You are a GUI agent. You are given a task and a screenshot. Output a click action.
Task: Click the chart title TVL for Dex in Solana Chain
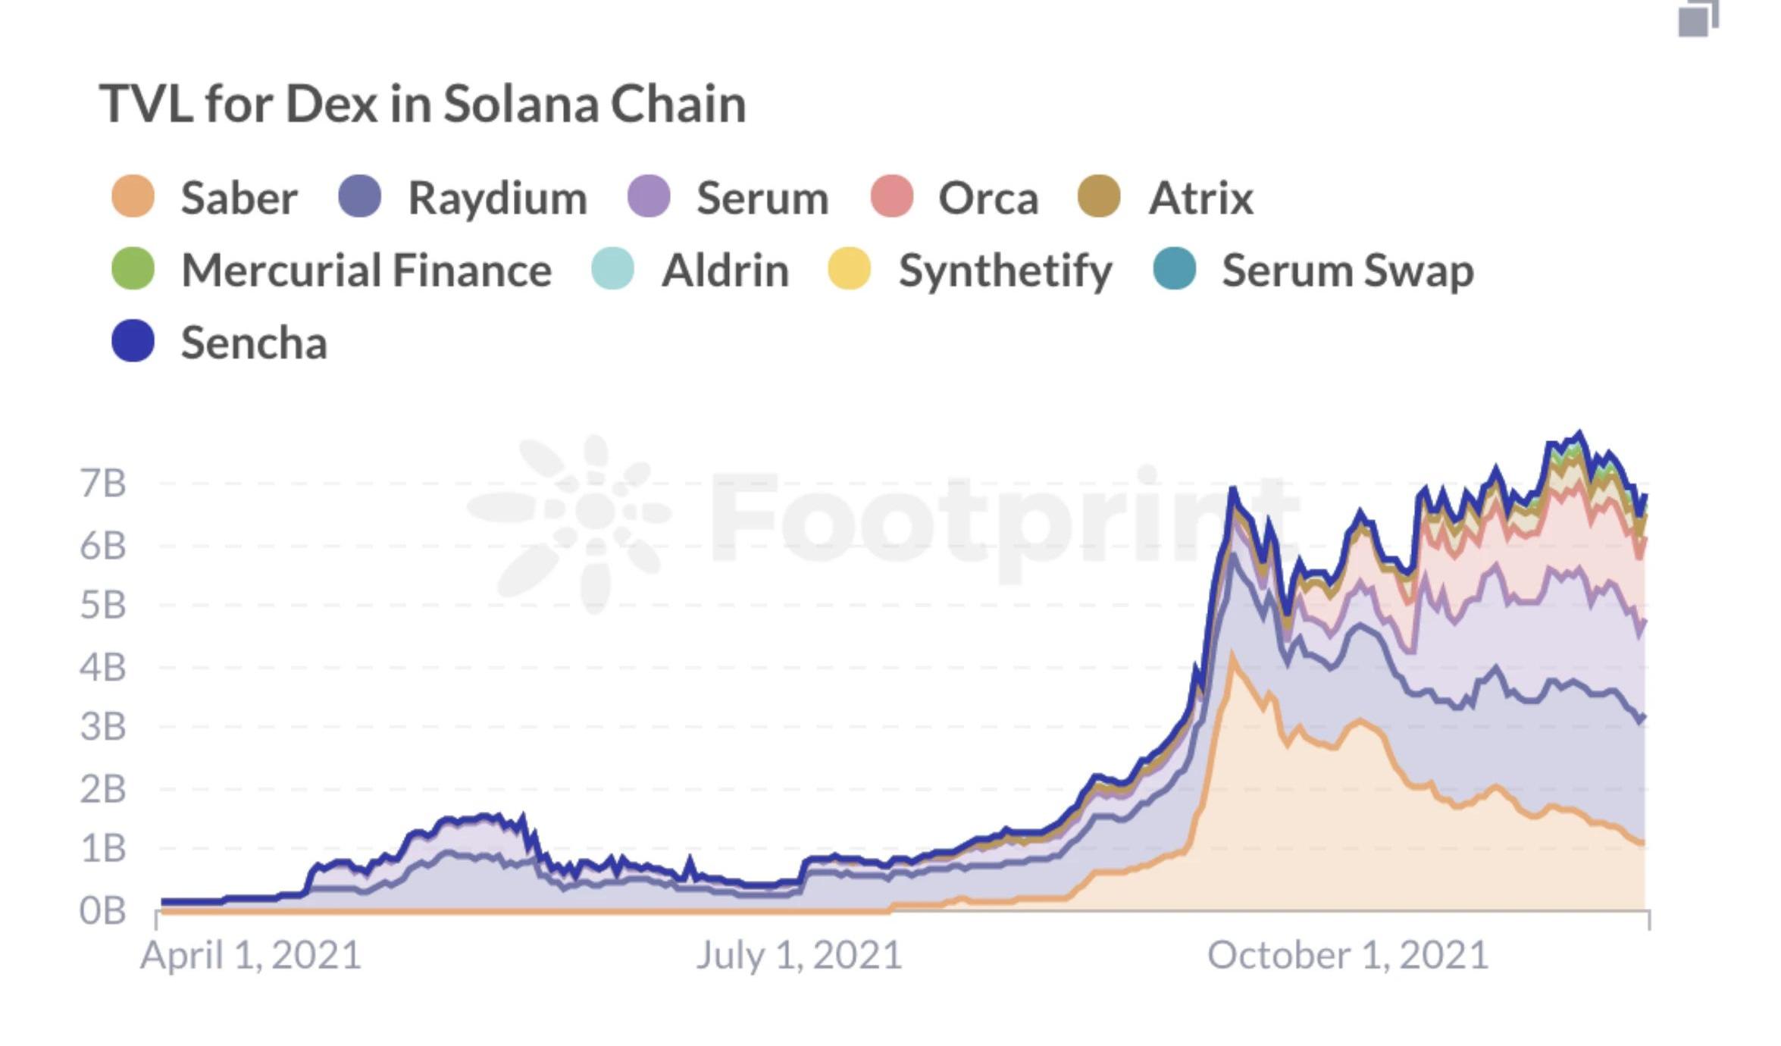coord(422,104)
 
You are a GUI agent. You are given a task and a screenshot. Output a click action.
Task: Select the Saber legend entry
coord(205,198)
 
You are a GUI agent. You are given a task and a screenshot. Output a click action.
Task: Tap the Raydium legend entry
coord(463,198)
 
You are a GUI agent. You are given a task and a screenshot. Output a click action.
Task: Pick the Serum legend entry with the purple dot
coord(728,198)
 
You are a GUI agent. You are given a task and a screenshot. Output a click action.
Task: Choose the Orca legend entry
coord(955,198)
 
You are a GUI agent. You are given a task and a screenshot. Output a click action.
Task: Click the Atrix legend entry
coord(1166,198)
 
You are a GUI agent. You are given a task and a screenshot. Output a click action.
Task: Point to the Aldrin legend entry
coord(690,270)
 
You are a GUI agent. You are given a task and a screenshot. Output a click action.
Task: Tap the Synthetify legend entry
coord(970,270)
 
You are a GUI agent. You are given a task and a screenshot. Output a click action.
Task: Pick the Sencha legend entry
coord(220,342)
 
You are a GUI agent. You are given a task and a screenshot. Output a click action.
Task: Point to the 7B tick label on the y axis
coord(102,484)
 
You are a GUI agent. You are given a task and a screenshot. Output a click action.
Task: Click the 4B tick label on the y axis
coord(102,668)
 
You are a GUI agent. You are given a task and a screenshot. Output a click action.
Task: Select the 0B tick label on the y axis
coord(102,910)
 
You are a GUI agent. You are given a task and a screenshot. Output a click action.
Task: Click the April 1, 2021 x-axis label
coord(250,955)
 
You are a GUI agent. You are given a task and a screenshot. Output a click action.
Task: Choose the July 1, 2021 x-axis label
coord(799,955)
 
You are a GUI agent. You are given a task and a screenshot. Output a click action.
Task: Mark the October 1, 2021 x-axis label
coord(1347,955)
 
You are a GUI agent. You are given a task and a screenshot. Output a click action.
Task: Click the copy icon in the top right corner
coord(1698,18)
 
